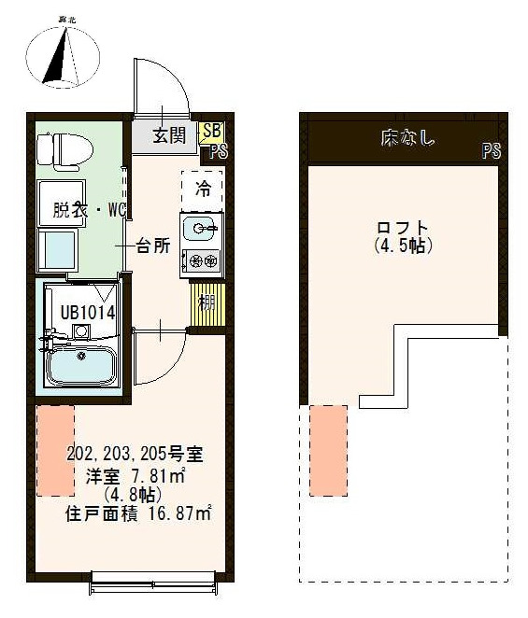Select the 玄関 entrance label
tap(169, 135)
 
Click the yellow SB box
tap(212, 133)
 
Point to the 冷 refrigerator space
tap(203, 190)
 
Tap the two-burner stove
tap(202, 260)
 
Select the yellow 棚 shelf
tap(204, 303)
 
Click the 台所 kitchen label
tap(153, 246)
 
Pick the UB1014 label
tap(88, 313)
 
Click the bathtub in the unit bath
tap(81, 366)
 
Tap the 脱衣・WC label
tap(89, 211)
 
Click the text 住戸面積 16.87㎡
tap(137, 513)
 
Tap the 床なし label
tap(407, 139)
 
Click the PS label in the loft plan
tap(491, 151)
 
